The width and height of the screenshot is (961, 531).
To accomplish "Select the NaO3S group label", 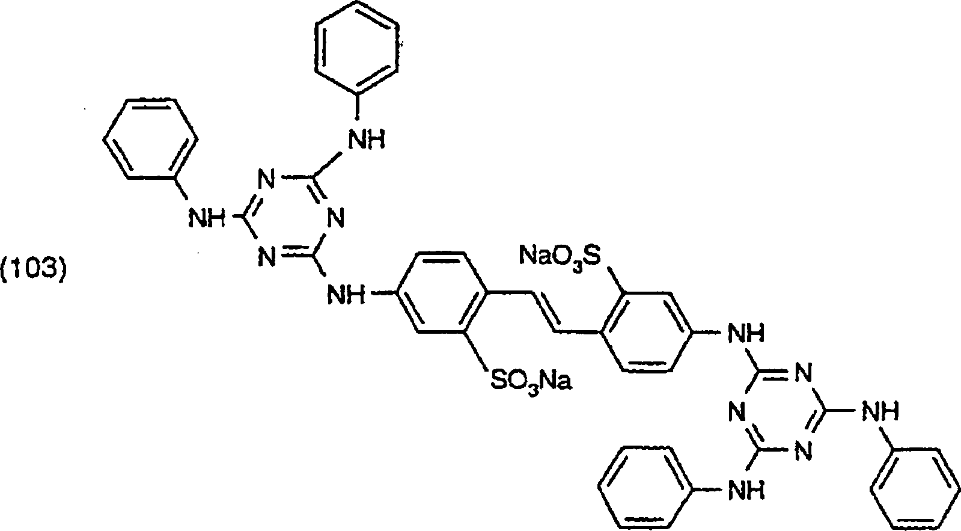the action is tap(560, 256).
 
